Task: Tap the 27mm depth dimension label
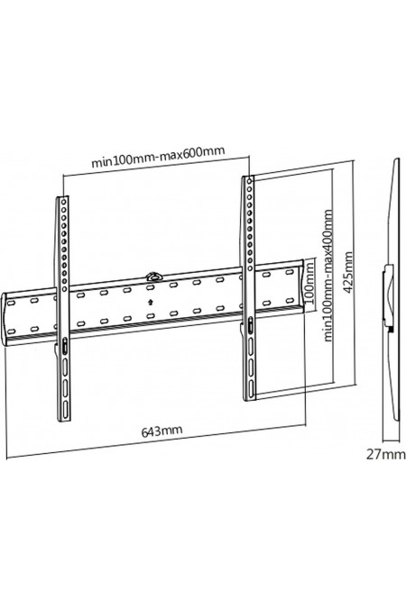pos(386,455)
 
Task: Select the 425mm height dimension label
pos(348,273)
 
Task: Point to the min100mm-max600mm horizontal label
pos(158,157)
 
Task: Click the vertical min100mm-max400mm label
pos(328,276)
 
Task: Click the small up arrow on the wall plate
pos(151,302)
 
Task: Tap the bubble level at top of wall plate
pos(154,277)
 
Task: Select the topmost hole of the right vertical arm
pos(250,181)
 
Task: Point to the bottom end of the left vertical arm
pos(64,420)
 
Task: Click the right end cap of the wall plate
pos(301,285)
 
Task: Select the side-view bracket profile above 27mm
pos(392,290)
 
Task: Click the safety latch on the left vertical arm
pos(64,346)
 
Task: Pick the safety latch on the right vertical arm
pos(250,325)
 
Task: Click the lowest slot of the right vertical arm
pos(252,388)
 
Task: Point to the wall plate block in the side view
pos(389,295)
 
